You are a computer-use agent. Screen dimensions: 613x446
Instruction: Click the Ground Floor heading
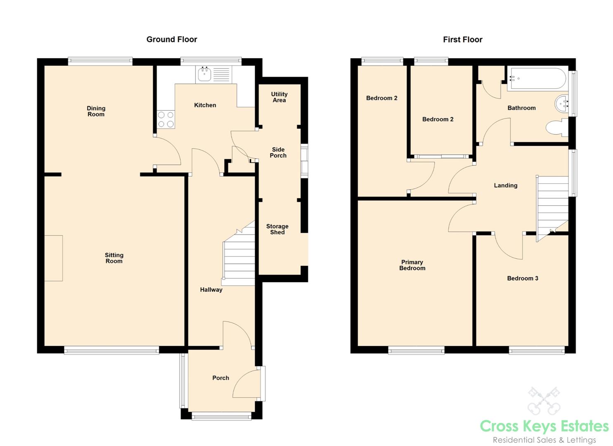(x=172, y=39)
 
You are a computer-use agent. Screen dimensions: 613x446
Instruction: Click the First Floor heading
(x=462, y=39)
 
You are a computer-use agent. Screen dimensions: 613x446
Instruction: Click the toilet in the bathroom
(x=557, y=128)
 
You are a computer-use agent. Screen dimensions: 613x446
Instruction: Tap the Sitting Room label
(x=114, y=258)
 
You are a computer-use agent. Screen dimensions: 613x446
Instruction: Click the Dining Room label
(x=96, y=111)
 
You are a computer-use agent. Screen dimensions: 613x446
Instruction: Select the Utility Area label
(x=279, y=97)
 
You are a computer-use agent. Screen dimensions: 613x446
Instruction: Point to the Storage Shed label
(x=277, y=229)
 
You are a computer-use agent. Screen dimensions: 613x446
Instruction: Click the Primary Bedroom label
(x=412, y=265)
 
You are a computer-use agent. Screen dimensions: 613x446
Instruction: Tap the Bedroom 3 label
(x=523, y=278)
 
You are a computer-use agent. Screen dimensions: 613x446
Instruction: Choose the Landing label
(x=505, y=185)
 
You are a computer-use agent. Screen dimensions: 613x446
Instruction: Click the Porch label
(x=220, y=378)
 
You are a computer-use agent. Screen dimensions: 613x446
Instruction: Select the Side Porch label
(x=278, y=152)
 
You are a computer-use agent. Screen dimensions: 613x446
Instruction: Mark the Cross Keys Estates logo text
(x=544, y=426)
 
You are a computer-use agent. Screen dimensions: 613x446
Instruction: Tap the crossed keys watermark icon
(x=544, y=401)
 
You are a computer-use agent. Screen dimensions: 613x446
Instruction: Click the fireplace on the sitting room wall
(x=54, y=258)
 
